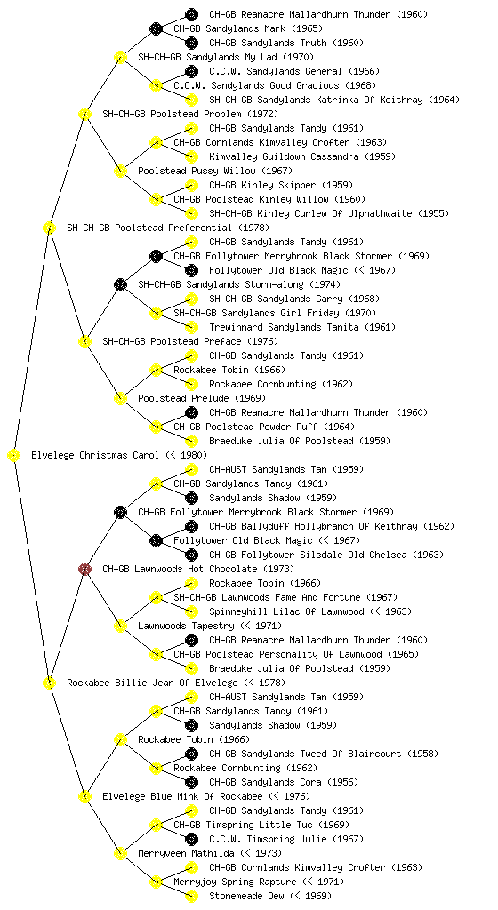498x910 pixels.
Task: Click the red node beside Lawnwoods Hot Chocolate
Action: pyautogui.click(x=84, y=569)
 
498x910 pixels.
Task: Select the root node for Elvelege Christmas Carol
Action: pyautogui.click(x=14, y=456)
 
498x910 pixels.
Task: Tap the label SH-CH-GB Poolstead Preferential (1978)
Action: pyautogui.click(x=168, y=227)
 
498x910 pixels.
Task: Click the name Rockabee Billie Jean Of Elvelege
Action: pyautogui.click(x=153, y=682)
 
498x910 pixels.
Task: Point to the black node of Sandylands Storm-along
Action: pyautogui.click(x=120, y=284)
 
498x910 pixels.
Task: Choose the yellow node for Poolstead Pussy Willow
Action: pyautogui.click(x=120, y=171)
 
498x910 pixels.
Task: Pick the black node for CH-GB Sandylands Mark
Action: pyautogui.click(x=156, y=28)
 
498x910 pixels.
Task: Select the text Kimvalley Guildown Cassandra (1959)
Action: pyautogui.click(x=302, y=156)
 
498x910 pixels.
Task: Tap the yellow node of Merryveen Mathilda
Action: pyautogui.click(x=120, y=853)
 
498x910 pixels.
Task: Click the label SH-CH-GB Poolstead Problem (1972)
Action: pyautogui.click(x=190, y=114)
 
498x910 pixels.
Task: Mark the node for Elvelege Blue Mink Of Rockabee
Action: pyautogui.click(x=84, y=796)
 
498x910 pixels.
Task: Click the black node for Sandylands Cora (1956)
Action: pyautogui.click(x=191, y=782)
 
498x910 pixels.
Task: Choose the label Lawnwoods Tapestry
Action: pyautogui.click(x=187, y=626)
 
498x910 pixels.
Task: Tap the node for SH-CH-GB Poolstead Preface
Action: pyautogui.click(x=84, y=341)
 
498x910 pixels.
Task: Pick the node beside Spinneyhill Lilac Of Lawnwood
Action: pyautogui.click(x=191, y=611)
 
